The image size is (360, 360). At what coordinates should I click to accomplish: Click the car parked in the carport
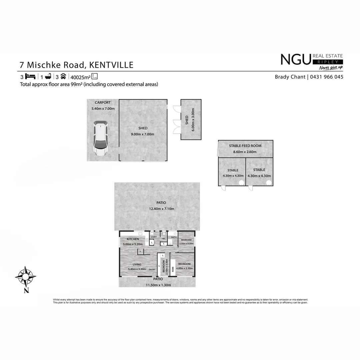pyautogui.click(x=100, y=139)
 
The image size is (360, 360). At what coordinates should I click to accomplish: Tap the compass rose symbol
pyautogui.click(x=26, y=276)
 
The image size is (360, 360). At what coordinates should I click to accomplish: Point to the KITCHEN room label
pyautogui.click(x=133, y=239)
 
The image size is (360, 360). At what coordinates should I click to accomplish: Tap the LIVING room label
pyautogui.click(x=137, y=264)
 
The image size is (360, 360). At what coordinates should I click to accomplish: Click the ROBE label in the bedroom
pyautogui.click(x=173, y=269)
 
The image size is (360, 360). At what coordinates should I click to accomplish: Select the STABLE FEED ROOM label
pyautogui.click(x=245, y=146)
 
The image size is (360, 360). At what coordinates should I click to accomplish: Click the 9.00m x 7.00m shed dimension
pyautogui.click(x=143, y=134)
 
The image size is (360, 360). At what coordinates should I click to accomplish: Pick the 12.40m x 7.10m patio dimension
pyautogui.click(x=161, y=209)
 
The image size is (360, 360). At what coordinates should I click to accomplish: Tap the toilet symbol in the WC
pyautogui.click(x=164, y=234)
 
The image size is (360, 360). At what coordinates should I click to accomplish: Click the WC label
pyautogui.click(x=164, y=239)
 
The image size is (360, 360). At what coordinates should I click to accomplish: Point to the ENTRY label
pyautogui.click(x=152, y=270)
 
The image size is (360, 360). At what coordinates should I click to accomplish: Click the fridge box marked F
pyautogui.click(x=141, y=251)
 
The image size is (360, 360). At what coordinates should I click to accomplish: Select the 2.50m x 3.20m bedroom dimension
pyautogui.click(x=186, y=244)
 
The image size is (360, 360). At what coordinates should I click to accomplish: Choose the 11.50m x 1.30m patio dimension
pyautogui.click(x=158, y=285)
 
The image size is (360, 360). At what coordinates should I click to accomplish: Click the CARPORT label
pyautogui.click(x=103, y=103)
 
